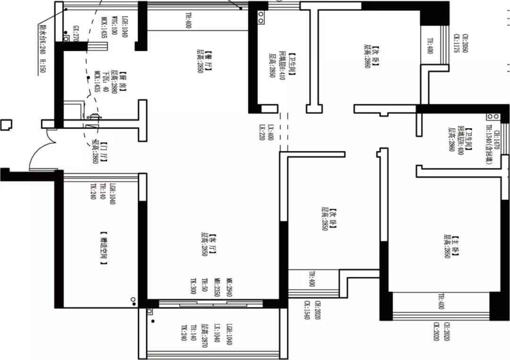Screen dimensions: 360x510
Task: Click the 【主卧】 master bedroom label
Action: point(455,246)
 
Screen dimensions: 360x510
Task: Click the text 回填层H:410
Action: point(282,65)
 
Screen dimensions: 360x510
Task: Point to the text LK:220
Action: point(261,133)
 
